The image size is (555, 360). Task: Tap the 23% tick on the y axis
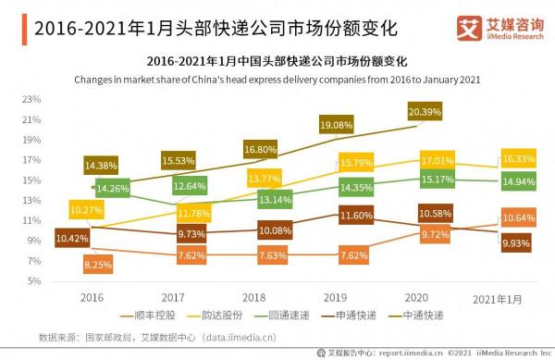pos(31,98)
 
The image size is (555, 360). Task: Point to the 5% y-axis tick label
pos(34,280)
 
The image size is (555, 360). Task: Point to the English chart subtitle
pos(277,80)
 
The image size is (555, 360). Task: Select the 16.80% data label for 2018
pos(262,148)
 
